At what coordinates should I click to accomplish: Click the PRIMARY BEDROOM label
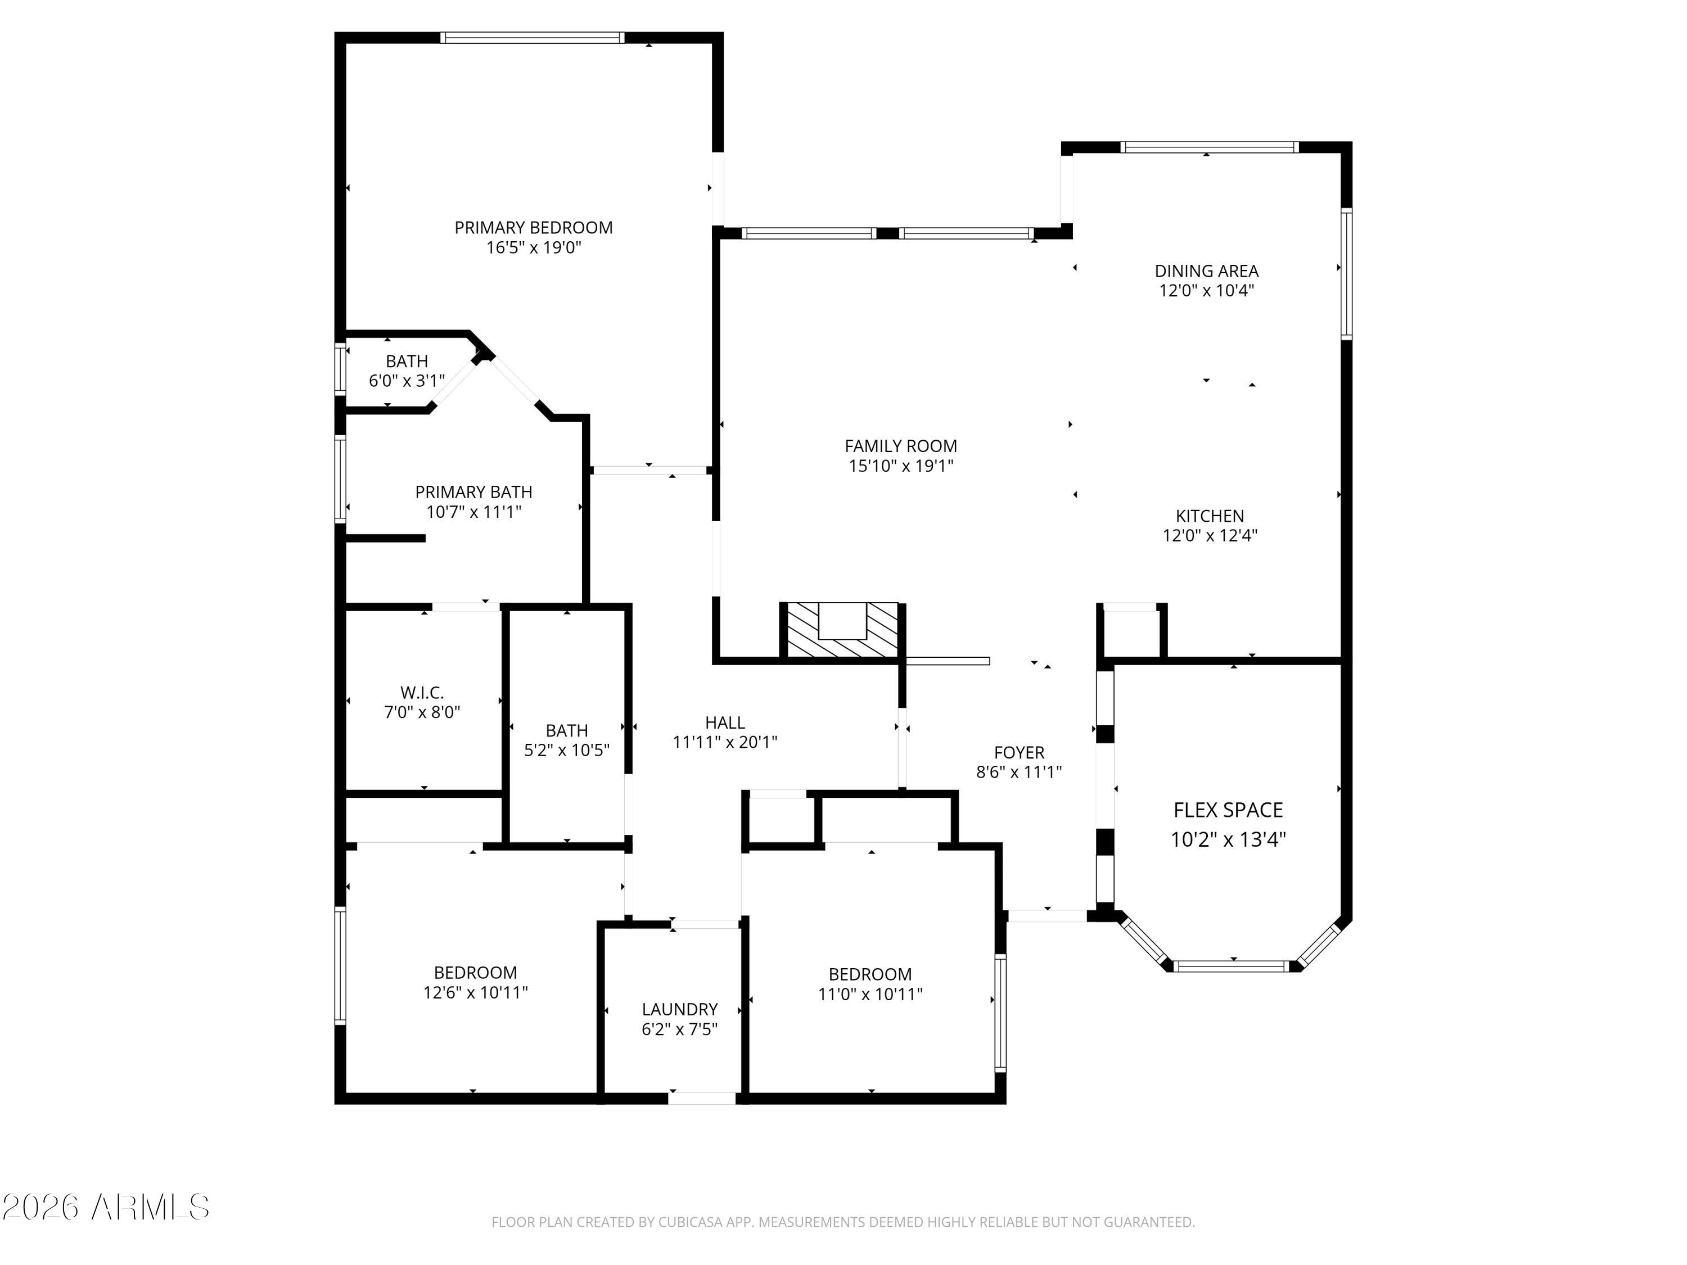(533, 227)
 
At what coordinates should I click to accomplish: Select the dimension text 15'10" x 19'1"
(901, 466)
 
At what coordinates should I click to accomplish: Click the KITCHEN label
(1209, 516)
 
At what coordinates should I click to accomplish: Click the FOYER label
(1018, 753)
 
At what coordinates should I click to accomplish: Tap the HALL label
(724, 722)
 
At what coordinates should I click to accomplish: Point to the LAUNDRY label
(679, 1009)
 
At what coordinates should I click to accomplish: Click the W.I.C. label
(422, 692)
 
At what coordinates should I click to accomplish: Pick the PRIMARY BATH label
(473, 492)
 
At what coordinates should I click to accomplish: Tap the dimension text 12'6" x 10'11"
(475, 992)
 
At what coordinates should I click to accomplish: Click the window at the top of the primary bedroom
(533, 37)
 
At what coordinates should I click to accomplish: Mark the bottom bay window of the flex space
(1233, 966)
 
